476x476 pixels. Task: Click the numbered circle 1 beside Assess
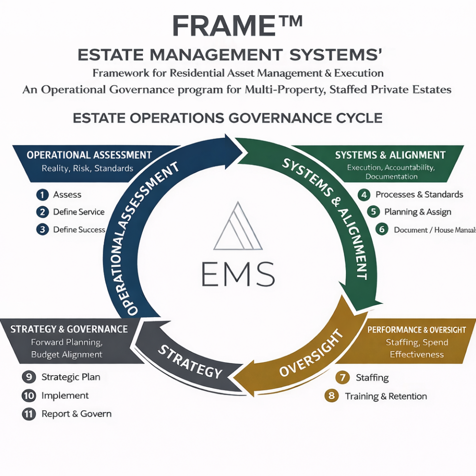tap(43, 195)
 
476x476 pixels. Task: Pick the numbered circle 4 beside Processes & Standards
tap(363, 195)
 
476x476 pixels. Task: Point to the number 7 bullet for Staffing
tap(343, 377)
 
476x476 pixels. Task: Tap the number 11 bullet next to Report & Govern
tap(29, 414)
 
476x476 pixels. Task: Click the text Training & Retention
tap(386, 396)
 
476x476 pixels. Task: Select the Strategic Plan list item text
tap(71, 377)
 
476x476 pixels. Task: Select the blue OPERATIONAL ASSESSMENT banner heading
tap(89, 155)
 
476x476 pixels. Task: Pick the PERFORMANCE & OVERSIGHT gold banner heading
tap(417, 330)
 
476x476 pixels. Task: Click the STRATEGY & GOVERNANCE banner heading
tap(69, 329)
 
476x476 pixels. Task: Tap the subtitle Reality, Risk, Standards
tap(87, 169)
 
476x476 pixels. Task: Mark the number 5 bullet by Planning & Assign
tap(373, 212)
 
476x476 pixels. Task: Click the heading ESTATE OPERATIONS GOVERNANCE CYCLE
tap(228, 118)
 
